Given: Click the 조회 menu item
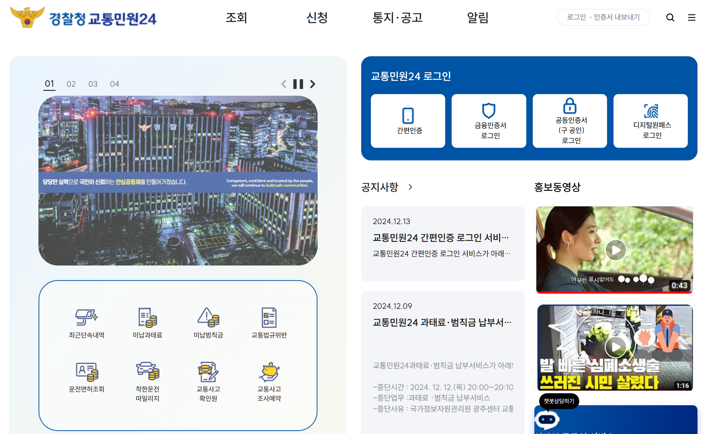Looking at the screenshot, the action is click(x=236, y=17).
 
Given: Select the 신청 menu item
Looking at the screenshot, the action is click(x=317, y=17).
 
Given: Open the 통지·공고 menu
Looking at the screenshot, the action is click(x=397, y=17).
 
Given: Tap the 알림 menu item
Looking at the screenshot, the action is click(x=477, y=17).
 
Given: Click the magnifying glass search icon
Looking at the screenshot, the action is click(x=670, y=17).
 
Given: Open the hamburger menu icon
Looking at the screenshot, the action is click(x=691, y=17).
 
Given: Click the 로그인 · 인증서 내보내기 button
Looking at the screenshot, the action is click(x=603, y=17).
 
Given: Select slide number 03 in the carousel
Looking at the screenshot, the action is click(x=93, y=84).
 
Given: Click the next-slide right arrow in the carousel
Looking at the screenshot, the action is click(x=312, y=84).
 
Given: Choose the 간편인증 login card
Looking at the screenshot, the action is click(x=408, y=121).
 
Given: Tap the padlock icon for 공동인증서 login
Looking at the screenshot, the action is click(x=570, y=106).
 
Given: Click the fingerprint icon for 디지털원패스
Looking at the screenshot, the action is click(x=651, y=111).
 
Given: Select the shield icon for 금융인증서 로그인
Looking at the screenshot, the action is click(x=488, y=111).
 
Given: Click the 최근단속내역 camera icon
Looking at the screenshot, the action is click(x=86, y=317).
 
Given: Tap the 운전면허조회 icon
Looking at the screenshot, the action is click(x=87, y=372).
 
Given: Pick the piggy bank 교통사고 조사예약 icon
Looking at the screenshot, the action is click(x=269, y=372).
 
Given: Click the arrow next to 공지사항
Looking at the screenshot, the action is click(x=410, y=187).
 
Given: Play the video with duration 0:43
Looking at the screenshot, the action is click(x=615, y=250).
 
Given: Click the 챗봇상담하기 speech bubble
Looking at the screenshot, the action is click(x=559, y=401).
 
